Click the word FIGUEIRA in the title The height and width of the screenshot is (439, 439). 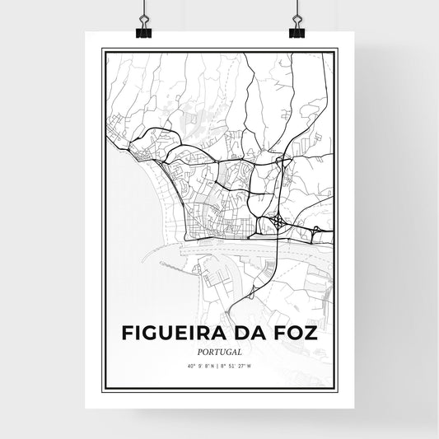[x=171, y=334]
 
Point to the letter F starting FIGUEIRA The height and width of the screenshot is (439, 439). [x=128, y=334]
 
